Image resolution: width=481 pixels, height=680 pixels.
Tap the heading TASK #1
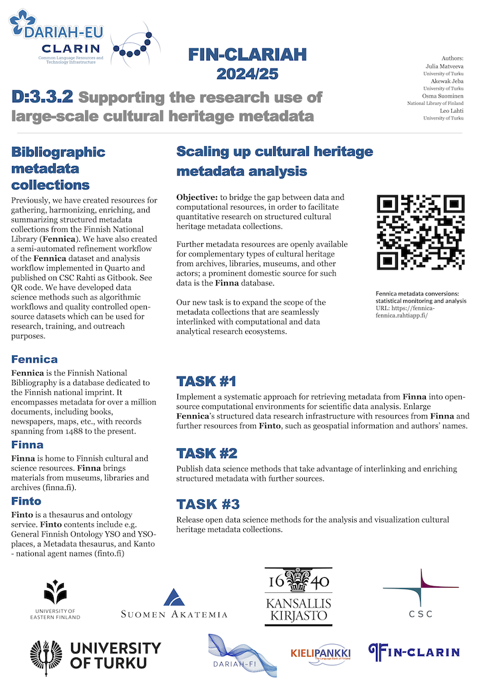207,381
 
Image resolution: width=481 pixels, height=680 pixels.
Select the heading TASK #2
207,454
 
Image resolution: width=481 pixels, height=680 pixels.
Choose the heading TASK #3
207,503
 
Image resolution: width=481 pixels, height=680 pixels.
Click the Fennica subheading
35,359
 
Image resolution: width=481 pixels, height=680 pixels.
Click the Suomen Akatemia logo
174,604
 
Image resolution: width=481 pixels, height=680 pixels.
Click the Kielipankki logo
320,653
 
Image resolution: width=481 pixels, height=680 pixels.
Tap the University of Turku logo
95,654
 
